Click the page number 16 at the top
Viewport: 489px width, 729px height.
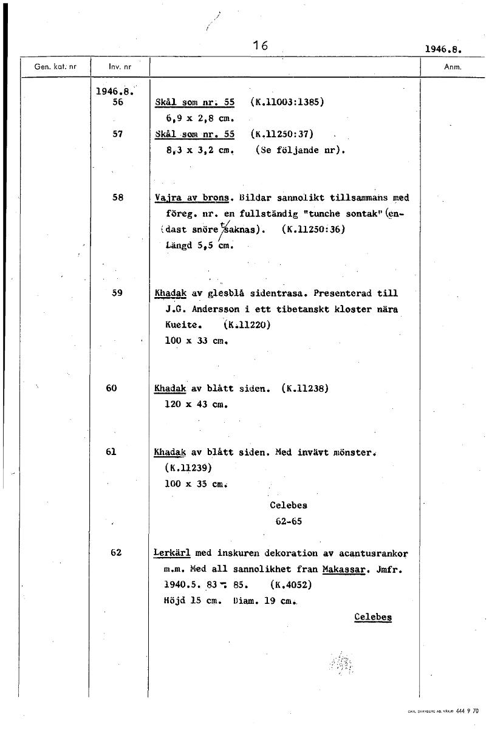pyautogui.click(x=261, y=45)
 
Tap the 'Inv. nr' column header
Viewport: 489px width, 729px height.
pyautogui.click(x=120, y=66)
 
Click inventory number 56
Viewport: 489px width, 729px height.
pyautogui.click(x=118, y=103)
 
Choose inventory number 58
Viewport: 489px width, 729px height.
pyautogui.click(x=118, y=197)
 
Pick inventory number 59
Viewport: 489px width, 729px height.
pyautogui.click(x=118, y=293)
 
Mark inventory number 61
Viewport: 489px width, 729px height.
pyautogui.click(x=111, y=452)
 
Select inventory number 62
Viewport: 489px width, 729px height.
pyautogui.click(x=117, y=553)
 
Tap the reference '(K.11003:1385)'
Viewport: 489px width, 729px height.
pyautogui.click(x=287, y=102)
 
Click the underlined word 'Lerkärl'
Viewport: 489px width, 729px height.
pyautogui.click(x=173, y=553)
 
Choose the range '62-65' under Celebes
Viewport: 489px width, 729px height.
pyautogui.click(x=289, y=521)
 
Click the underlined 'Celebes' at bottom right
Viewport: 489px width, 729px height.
pyautogui.click(x=373, y=617)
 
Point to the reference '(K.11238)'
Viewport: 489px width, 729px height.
pyautogui.click(x=305, y=388)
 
